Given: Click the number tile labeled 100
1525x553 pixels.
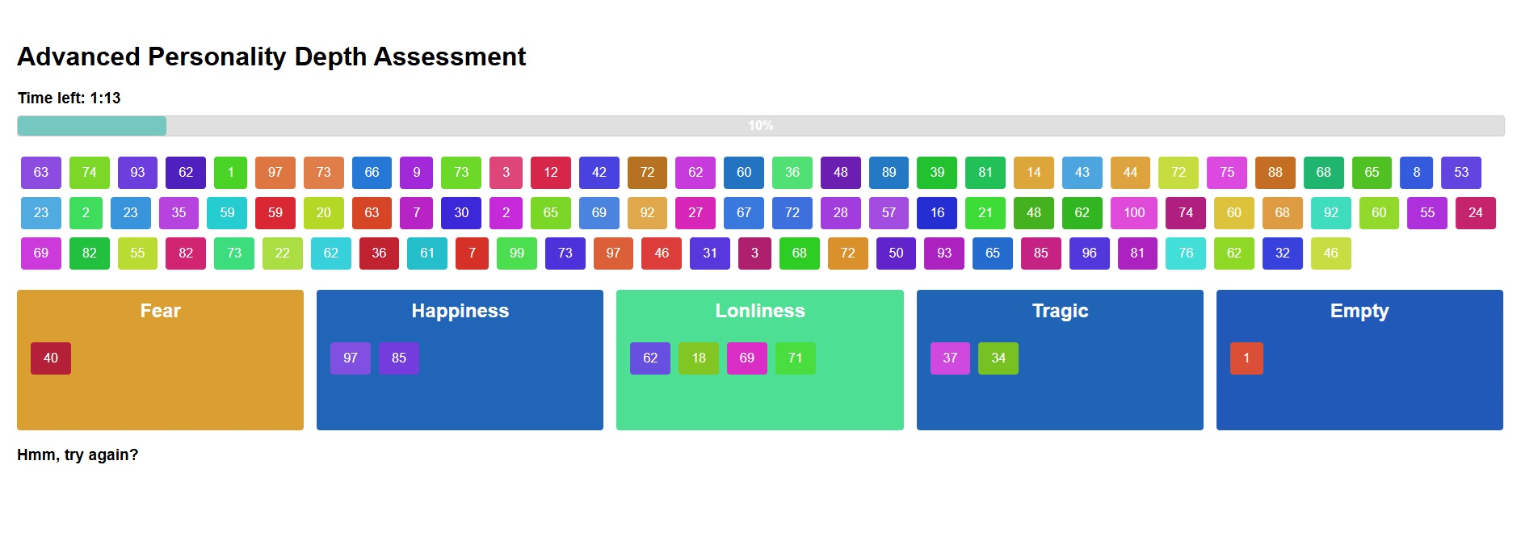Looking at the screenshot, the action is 1134,213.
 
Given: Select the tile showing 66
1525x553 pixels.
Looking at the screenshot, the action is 372,173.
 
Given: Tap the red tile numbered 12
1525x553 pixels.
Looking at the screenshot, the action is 551,173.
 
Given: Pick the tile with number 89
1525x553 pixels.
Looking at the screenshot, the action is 889,173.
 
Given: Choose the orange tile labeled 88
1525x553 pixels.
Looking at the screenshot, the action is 1275,173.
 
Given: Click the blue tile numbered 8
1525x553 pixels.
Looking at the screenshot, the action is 1417,173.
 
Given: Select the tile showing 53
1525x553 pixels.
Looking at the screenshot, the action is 1461,173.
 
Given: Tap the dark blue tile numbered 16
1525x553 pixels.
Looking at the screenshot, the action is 937,213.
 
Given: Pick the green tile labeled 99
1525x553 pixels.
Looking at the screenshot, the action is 517,253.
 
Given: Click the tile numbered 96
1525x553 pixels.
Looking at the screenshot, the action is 1090,253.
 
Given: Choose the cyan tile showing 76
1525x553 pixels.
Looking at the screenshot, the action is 1186,253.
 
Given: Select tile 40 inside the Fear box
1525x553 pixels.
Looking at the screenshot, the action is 51,358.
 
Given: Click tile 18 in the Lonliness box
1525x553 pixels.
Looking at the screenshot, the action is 699,358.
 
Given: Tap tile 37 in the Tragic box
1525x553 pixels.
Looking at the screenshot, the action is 950,358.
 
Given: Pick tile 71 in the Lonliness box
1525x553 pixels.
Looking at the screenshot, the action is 796,358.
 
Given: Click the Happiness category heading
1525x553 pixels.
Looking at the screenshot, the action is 460,311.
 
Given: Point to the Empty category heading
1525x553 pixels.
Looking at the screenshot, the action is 1359,312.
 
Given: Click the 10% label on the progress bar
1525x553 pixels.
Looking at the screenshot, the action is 761,126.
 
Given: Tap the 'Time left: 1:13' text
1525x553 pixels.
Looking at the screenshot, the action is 69,98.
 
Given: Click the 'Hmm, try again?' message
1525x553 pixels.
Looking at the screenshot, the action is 78,455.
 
